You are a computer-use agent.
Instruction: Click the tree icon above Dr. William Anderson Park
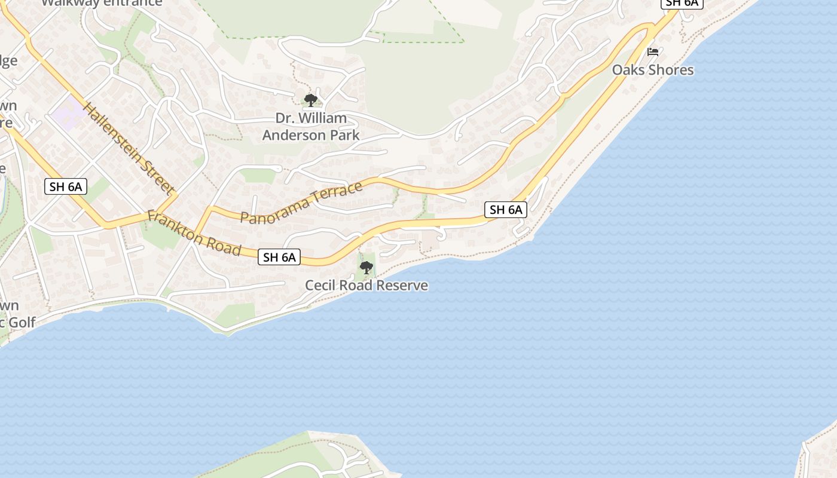[x=310, y=100]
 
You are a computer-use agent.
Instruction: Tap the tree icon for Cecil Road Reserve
[x=366, y=268]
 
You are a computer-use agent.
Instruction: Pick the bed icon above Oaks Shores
[x=653, y=52]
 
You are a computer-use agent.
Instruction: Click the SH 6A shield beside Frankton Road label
[x=280, y=258]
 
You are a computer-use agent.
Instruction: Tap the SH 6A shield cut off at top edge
[x=682, y=3]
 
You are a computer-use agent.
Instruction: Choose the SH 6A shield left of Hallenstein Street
[x=66, y=186]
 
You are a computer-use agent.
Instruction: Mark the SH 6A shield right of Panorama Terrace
[x=506, y=210]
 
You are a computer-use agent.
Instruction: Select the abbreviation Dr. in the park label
[x=285, y=118]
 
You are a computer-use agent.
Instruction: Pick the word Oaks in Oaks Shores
[x=625, y=70]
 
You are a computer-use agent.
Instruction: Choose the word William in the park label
[x=323, y=118]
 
